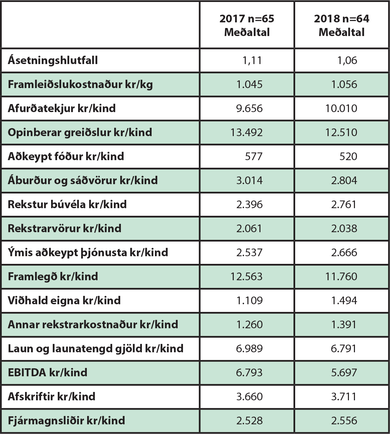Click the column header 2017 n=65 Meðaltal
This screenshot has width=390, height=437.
[x=247, y=25]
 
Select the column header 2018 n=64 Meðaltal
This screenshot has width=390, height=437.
[x=342, y=25]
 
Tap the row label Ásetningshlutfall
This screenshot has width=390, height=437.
[x=53, y=60]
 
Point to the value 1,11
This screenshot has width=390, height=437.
[x=252, y=60]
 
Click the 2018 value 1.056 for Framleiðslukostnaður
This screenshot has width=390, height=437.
[x=344, y=84]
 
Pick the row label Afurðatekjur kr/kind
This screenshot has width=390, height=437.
[x=62, y=108]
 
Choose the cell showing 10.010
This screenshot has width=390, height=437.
[x=341, y=108]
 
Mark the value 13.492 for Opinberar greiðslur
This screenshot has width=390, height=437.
[x=246, y=132]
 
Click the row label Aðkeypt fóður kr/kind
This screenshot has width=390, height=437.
[x=66, y=156]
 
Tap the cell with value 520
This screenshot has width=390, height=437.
[x=348, y=156]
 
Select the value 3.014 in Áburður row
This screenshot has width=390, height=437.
[x=249, y=180]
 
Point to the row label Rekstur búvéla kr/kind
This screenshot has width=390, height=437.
[x=67, y=204]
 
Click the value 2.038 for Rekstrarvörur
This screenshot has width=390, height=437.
[x=344, y=229]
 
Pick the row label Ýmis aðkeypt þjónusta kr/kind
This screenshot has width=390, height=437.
[x=88, y=253]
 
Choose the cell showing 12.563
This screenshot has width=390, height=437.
[x=246, y=277]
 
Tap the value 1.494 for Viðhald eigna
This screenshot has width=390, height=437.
[x=344, y=301]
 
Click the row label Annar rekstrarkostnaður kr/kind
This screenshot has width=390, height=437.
[x=93, y=325]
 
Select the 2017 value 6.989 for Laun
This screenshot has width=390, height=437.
[x=249, y=349]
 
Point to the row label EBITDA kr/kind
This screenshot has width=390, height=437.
[x=47, y=373]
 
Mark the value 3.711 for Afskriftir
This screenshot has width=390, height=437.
[x=344, y=397]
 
